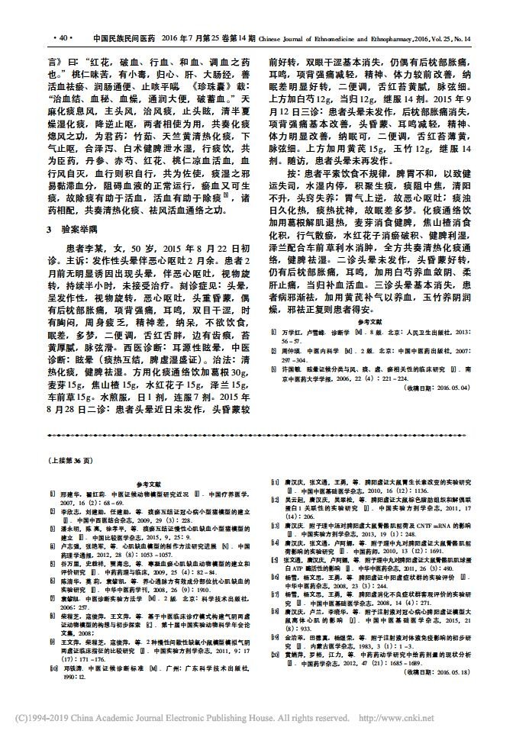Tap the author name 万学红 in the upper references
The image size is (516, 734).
coord(295,314)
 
